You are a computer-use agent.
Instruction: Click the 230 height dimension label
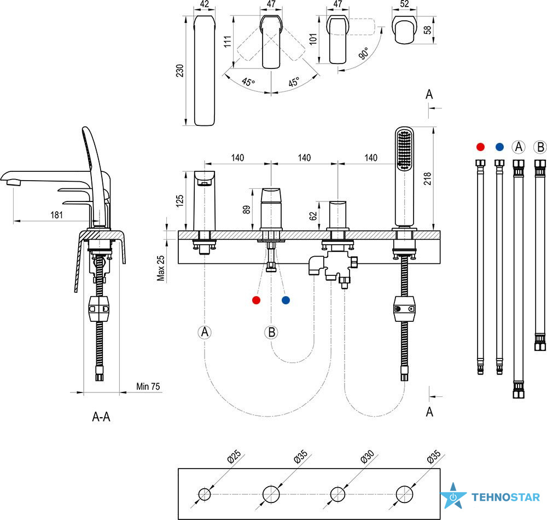[179, 71]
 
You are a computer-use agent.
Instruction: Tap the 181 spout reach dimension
[56, 215]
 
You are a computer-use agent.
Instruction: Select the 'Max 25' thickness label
[160, 268]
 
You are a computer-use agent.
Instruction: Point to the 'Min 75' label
[148, 386]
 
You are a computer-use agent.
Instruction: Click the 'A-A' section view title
[101, 417]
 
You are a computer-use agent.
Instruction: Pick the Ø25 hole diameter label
[234, 457]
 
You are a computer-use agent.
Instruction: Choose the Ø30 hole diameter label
[368, 457]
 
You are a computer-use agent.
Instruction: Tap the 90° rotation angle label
[363, 54]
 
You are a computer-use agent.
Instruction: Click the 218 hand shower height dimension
[427, 178]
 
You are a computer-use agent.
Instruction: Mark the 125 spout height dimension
[179, 201]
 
